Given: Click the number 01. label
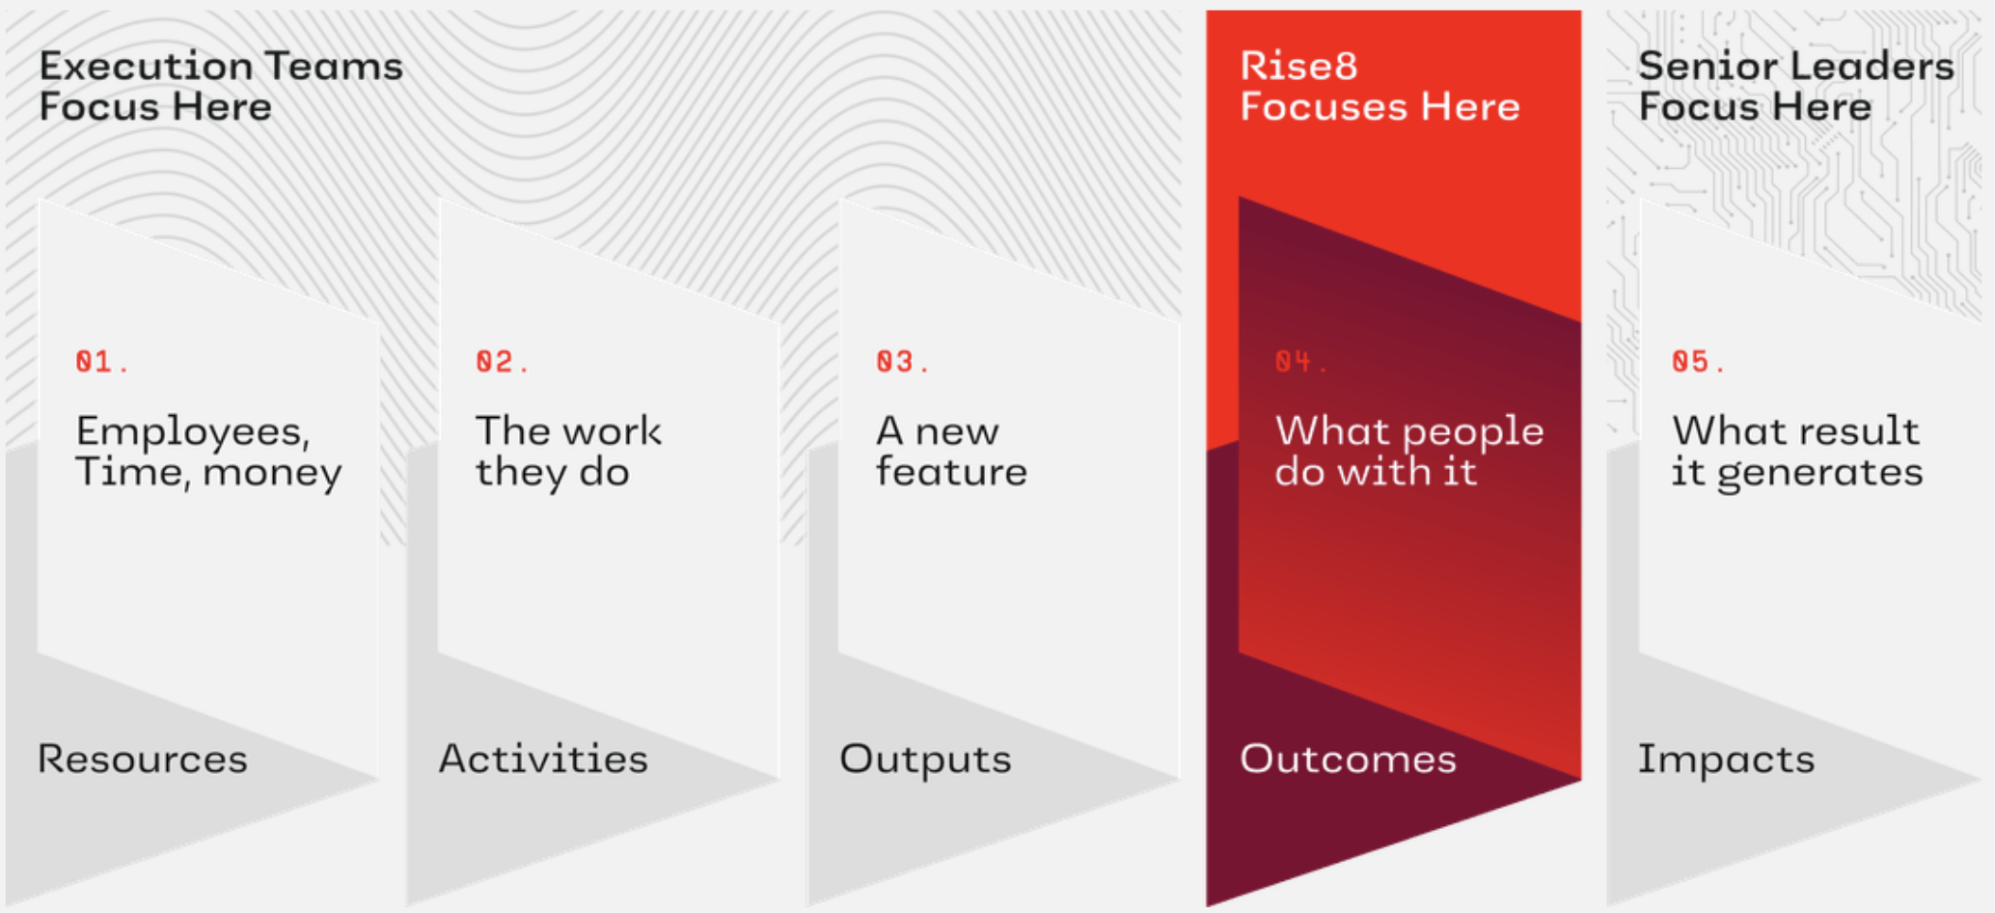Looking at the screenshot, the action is pos(101,362).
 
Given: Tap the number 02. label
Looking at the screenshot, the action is pos(502,362).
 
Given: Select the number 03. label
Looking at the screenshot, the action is pos(902,362).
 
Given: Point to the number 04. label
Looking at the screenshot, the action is pos(1300,362).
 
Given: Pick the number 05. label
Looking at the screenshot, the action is pos(1698,362).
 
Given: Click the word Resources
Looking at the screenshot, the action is pos(143,760).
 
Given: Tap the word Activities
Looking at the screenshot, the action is pos(543,760).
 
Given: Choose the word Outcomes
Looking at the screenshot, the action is pos(1348,760).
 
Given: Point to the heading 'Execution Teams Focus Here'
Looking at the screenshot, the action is pos(221,86).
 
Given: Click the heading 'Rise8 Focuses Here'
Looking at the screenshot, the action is pos(1380,86).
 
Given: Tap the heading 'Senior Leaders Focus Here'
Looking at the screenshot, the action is pos(1796,86).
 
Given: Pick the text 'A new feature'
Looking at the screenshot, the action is pos(951,452).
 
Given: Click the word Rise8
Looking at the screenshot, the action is pos(1298,67).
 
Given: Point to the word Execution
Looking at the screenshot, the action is pos(145,67).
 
